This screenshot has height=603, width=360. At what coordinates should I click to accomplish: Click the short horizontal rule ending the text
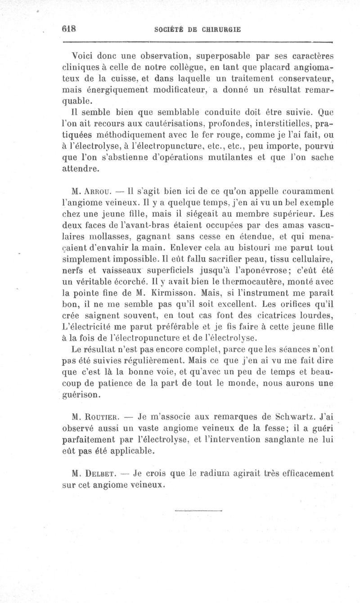(x=198, y=510)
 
